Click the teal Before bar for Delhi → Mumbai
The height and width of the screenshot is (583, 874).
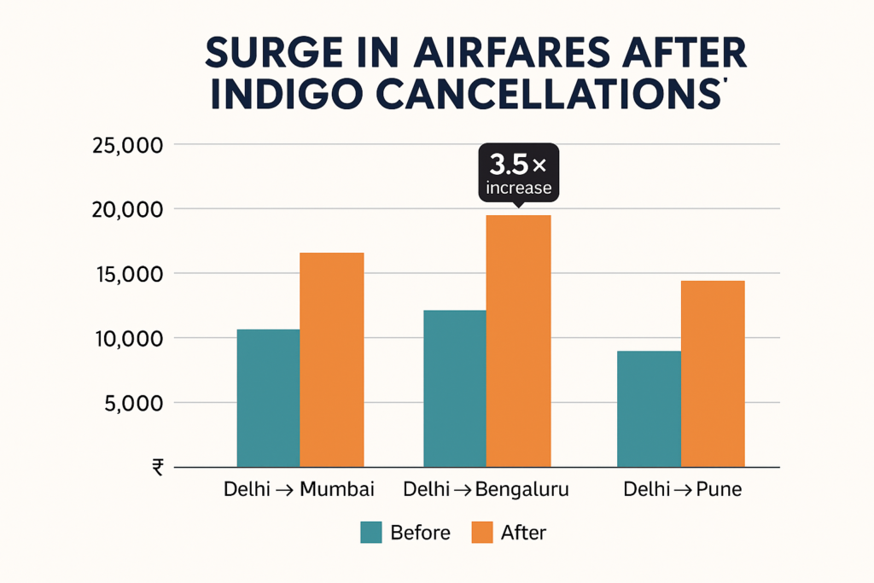coord(268,398)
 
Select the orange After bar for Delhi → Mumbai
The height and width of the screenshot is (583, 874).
coord(332,359)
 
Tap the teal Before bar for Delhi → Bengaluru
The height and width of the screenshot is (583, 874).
coord(454,388)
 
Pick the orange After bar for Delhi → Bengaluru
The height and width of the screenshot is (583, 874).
coord(518,341)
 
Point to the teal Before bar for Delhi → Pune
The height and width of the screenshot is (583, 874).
coord(649,409)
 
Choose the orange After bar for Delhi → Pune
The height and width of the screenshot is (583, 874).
coord(713,373)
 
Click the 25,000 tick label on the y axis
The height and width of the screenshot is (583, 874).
coord(125,145)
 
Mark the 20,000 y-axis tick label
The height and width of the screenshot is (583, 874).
coord(125,210)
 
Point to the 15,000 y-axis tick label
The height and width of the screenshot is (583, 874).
coord(125,275)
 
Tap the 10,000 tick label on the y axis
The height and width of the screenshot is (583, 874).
coord(125,339)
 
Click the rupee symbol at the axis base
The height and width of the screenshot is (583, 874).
coord(157,466)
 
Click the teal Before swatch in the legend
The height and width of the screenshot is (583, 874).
coord(370,532)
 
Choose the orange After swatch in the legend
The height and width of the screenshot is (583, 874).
coord(481,532)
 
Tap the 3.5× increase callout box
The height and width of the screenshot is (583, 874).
coord(518,172)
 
